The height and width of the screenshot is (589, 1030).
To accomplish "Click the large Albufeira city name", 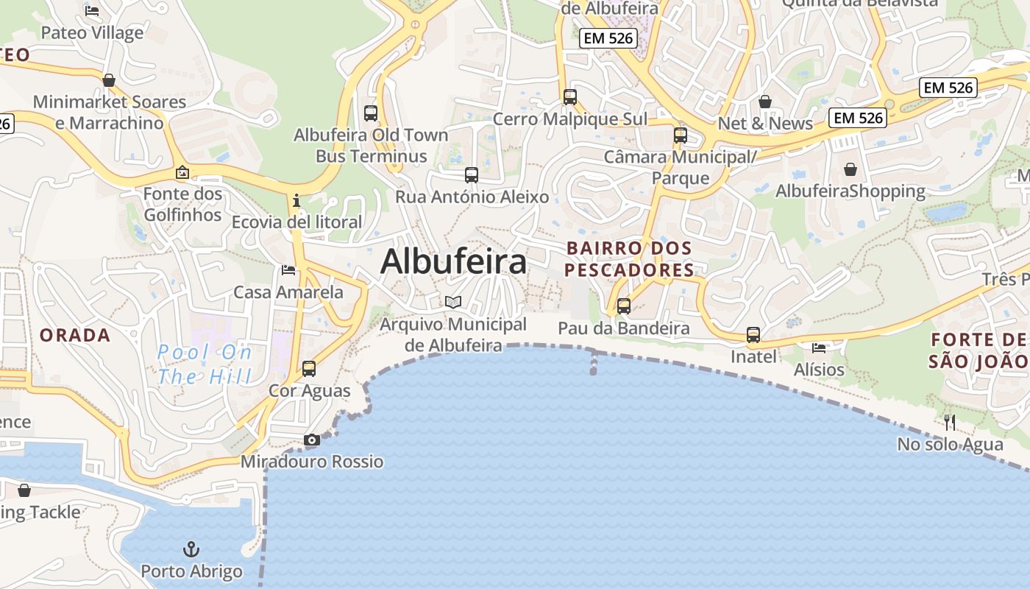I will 453,261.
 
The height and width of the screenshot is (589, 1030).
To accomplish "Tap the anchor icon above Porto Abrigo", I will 191,549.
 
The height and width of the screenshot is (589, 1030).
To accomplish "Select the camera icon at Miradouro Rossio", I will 312,440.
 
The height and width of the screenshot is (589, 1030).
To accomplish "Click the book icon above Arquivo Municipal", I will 453,302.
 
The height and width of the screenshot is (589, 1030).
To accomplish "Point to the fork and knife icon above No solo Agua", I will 950,422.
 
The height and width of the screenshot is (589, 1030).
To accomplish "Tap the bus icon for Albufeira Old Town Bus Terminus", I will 371,113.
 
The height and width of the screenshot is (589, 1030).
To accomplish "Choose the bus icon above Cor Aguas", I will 309,369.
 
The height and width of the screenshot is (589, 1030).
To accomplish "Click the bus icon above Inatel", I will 753,335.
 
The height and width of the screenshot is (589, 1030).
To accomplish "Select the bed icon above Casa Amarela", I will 288,270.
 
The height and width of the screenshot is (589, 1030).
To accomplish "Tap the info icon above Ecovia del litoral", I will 296,200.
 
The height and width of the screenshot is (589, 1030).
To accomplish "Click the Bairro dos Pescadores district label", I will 629,259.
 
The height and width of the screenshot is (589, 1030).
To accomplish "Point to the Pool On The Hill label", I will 205,364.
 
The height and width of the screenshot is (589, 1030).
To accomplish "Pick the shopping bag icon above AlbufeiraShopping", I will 850,169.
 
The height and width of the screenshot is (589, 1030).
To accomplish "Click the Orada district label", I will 75,336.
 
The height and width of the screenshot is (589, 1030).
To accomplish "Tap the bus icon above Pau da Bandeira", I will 624,306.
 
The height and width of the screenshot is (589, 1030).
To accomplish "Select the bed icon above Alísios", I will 819,348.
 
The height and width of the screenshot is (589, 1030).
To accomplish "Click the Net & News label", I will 765,124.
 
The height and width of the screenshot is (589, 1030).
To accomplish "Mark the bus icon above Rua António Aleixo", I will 472,175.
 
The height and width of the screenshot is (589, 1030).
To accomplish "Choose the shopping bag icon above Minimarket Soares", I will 109,80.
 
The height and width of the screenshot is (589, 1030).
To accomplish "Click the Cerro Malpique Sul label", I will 570,119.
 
